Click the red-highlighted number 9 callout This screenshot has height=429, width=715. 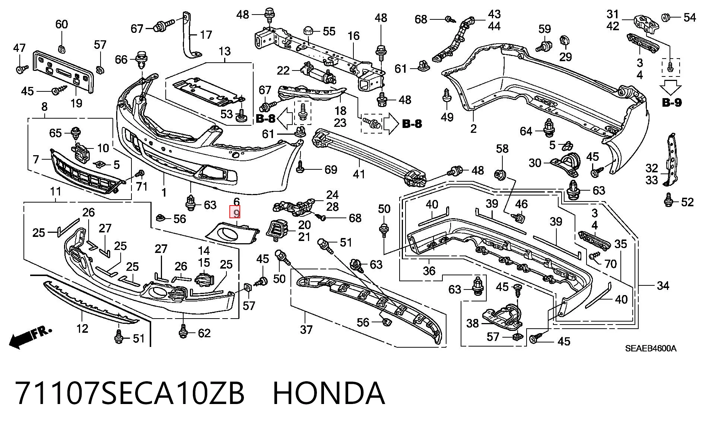[236, 213]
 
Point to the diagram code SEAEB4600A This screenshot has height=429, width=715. [651, 348]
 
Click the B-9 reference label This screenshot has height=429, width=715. [672, 102]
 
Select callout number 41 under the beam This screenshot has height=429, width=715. [359, 174]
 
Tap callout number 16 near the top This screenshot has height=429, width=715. [353, 36]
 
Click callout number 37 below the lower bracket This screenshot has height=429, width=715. [306, 329]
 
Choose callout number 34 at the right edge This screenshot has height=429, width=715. [663, 286]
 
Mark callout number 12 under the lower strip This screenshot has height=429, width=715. [82, 328]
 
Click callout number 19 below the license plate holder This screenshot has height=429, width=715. [76, 103]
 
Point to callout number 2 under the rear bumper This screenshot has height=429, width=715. [473, 129]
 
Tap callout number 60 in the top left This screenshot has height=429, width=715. [61, 24]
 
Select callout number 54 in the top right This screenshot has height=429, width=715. [689, 18]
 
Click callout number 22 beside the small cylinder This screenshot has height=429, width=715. [283, 70]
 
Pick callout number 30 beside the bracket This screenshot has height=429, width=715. [535, 163]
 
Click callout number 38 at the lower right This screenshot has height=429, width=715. [473, 323]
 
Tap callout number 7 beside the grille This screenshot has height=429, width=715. [36, 160]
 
